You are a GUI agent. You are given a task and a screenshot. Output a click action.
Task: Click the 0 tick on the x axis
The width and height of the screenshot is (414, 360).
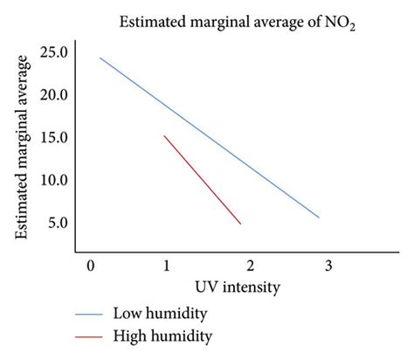[x=90, y=265]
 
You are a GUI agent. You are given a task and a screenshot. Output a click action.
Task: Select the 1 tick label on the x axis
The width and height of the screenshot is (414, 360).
[x=167, y=265]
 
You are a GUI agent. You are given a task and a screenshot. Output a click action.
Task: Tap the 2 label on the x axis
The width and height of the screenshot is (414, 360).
[x=250, y=265]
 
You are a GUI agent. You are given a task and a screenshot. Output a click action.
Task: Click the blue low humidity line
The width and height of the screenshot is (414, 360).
[x=210, y=138]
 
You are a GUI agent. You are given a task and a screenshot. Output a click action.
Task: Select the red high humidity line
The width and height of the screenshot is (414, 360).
[x=202, y=180]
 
